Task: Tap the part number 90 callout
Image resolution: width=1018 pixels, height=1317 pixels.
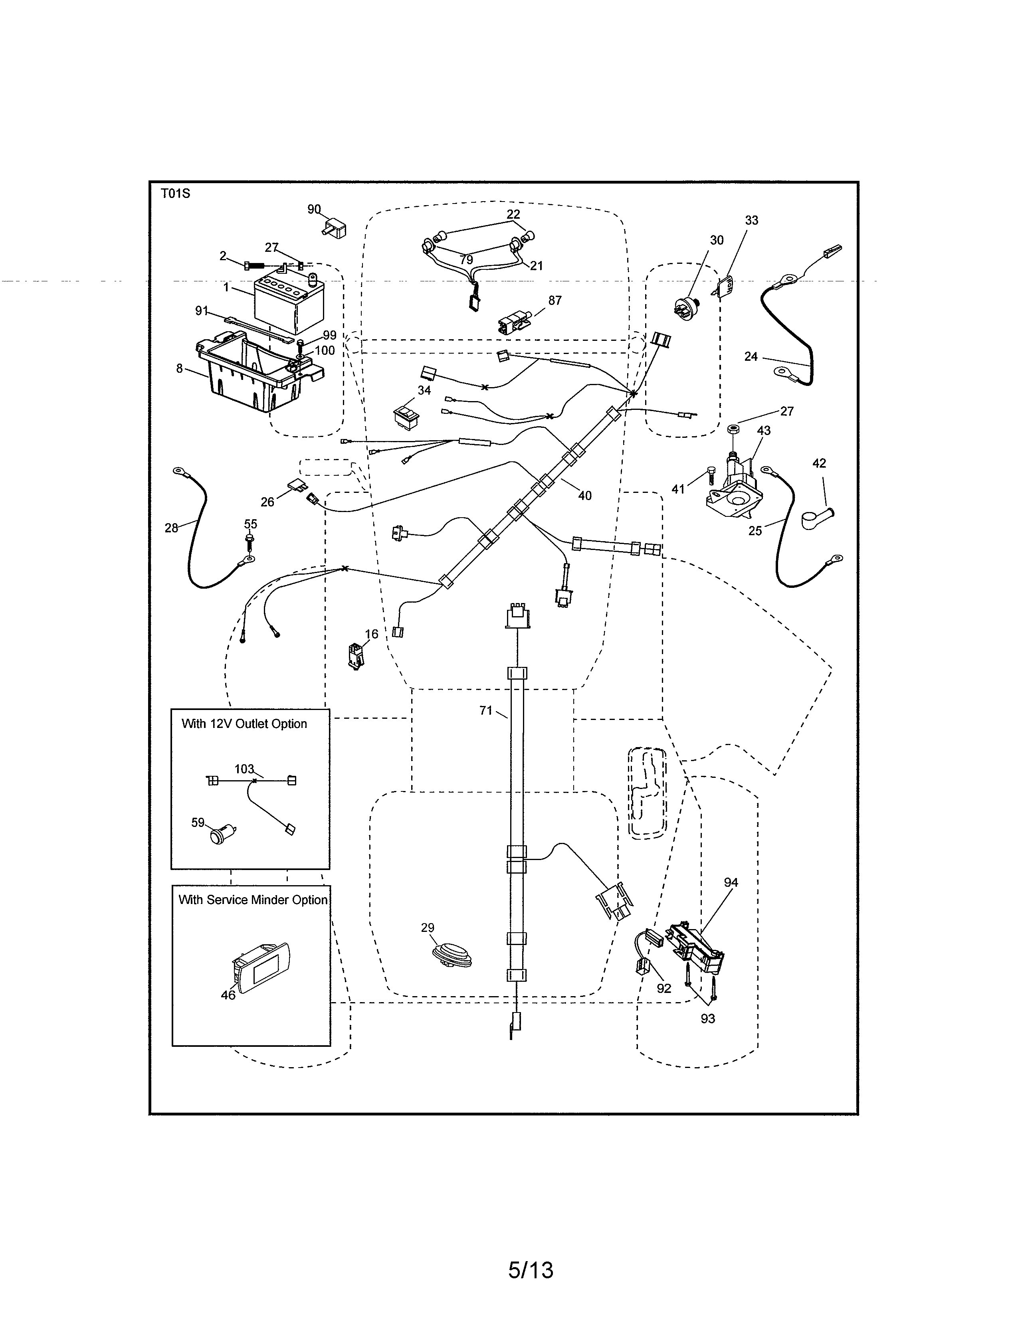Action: pos(314,209)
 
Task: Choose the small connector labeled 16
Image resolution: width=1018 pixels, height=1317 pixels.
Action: pos(355,655)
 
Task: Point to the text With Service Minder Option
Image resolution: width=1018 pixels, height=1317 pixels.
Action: pos(253,900)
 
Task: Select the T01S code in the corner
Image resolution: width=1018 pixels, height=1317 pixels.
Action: pos(176,194)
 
